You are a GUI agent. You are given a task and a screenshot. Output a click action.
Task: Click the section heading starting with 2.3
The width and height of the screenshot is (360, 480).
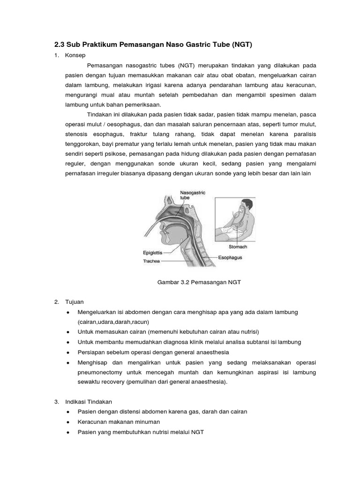click(154, 45)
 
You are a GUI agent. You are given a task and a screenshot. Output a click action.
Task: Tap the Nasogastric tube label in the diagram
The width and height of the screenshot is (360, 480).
click(193, 195)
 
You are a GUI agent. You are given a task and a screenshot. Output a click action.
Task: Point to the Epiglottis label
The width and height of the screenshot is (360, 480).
click(153, 252)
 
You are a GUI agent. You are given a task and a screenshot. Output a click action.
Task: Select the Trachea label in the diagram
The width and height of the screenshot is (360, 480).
click(151, 261)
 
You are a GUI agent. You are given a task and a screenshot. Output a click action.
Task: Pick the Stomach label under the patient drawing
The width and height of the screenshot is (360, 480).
click(238, 246)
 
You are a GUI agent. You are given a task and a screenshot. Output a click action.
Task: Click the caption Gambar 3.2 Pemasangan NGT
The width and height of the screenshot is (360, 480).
click(198, 282)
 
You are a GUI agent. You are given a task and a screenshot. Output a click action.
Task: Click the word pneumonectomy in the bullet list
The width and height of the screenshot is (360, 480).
click(100, 372)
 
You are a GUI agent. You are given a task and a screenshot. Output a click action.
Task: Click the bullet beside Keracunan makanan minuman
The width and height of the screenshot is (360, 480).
click(68, 422)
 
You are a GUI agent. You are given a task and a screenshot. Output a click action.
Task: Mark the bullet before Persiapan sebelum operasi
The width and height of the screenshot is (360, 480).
click(68, 352)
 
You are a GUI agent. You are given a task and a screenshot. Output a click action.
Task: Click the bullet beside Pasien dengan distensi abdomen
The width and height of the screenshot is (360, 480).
click(68, 412)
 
